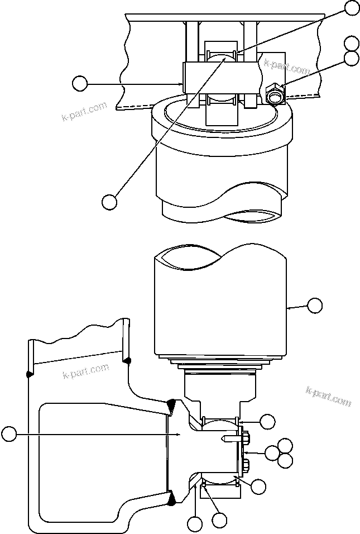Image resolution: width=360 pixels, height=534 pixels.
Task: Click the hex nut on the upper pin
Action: [x=275, y=95]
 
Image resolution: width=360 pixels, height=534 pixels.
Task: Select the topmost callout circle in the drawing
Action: [x=352, y=7]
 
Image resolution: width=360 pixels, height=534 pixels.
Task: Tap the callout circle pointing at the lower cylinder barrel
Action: [x=315, y=305]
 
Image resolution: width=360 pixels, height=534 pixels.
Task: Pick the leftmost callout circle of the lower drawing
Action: [x=8, y=433]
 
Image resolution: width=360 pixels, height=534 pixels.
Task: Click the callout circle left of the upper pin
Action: [x=80, y=84]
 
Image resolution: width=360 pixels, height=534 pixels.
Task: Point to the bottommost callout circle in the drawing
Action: [x=195, y=524]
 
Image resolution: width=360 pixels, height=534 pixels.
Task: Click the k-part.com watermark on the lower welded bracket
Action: [x=85, y=370]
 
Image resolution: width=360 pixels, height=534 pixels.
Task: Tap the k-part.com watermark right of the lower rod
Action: [x=328, y=395]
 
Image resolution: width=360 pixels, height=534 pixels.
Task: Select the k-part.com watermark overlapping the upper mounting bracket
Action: [x=287, y=69]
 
